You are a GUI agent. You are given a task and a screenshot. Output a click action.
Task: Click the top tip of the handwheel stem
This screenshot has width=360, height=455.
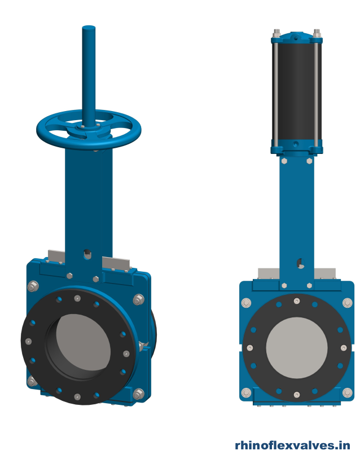point(89,28)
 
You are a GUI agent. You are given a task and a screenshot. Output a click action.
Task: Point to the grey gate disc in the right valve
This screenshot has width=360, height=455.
point(296,348)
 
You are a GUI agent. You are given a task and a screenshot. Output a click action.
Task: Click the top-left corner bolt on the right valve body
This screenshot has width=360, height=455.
point(246,304)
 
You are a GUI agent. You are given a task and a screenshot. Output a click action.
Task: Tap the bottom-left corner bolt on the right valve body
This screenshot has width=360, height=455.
point(246,392)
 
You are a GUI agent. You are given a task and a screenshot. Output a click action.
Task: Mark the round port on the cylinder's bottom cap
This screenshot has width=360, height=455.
point(296,145)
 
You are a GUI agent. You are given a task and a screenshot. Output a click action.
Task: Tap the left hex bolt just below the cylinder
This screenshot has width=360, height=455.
point(284,161)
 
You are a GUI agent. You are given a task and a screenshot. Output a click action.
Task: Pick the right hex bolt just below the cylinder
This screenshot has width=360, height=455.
point(309,161)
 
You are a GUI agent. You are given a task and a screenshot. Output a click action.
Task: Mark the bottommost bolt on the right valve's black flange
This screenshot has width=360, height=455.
point(296,394)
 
